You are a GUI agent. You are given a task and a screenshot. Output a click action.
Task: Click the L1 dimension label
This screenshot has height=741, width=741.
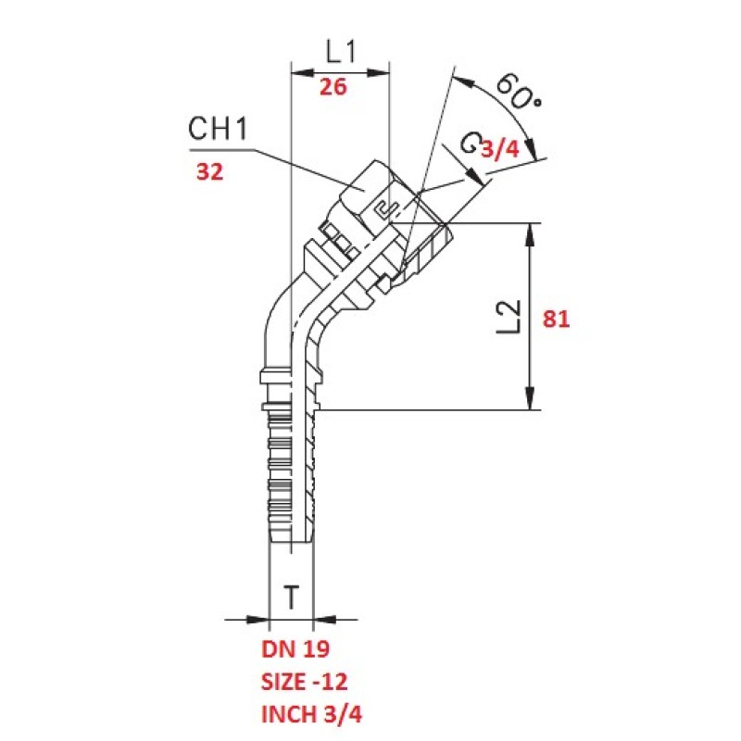(341, 51)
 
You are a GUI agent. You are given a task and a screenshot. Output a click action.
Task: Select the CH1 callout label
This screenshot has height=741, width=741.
(219, 130)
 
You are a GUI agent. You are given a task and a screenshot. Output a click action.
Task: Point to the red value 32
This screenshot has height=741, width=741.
(210, 171)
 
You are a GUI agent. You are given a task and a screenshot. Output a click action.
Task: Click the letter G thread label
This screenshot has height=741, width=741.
(471, 144)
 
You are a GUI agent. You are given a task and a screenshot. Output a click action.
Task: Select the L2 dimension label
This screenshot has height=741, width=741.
(508, 318)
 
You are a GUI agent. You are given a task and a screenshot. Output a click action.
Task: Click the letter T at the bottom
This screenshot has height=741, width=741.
(291, 598)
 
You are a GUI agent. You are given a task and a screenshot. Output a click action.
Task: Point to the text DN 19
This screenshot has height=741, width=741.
(295, 647)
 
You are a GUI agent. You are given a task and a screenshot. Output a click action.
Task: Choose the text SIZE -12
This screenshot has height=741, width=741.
(306, 682)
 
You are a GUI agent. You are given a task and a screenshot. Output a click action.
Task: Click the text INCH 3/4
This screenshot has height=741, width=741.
(309, 715)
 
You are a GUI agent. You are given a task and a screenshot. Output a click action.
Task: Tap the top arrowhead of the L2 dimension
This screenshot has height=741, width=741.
(530, 232)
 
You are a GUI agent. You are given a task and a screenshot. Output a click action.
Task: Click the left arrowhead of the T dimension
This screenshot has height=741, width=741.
(259, 619)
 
